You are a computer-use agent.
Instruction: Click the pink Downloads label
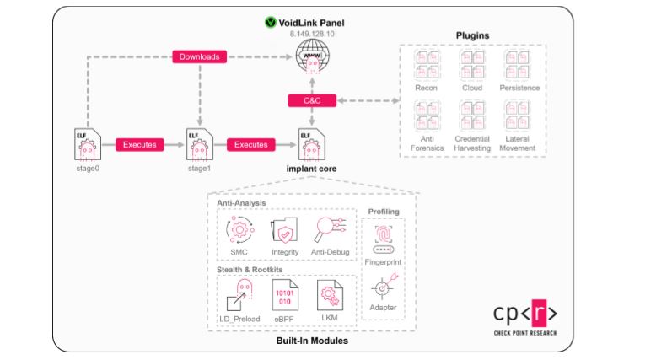pyautogui.click(x=200, y=57)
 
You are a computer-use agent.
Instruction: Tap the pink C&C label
pyautogui.click(x=312, y=100)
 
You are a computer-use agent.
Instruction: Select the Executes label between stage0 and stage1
pyautogui.click(x=139, y=144)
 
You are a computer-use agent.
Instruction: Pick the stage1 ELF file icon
pyautogui.click(x=197, y=143)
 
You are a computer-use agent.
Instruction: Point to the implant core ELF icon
pyautogui.click(x=311, y=143)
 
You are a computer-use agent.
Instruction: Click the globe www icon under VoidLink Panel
pyautogui.click(x=312, y=55)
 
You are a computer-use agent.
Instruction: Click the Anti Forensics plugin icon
pyautogui.click(x=426, y=115)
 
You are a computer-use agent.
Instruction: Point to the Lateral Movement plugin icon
pyautogui.click(x=517, y=115)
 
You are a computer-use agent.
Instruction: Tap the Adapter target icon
pyautogui.click(x=383, y=287)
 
